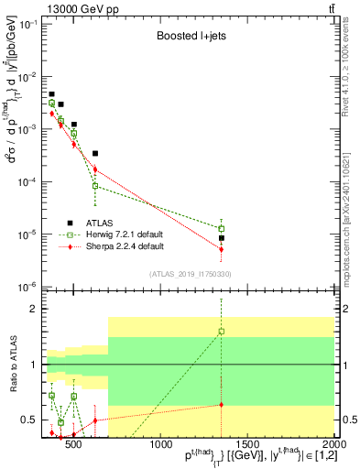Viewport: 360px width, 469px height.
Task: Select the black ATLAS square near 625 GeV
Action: (95, 153)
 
